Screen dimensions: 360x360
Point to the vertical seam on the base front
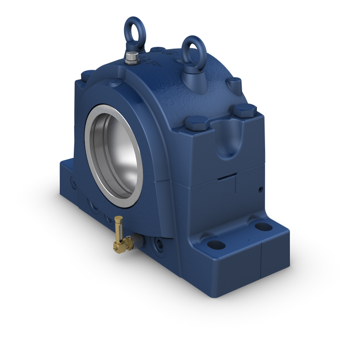(x=261, y=261)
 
